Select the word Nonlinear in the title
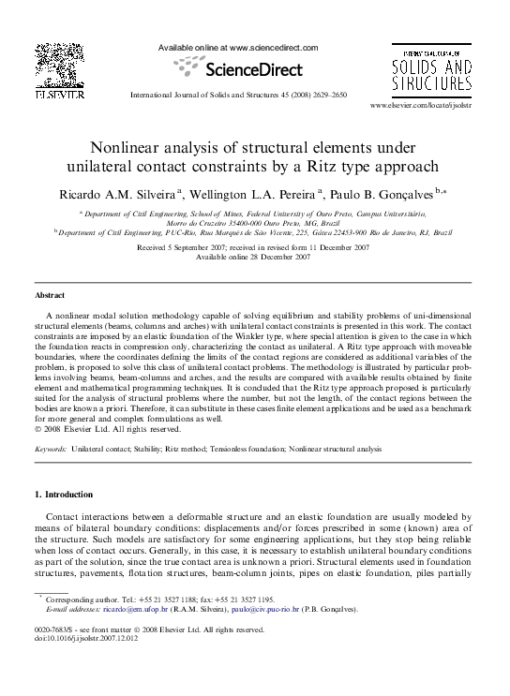pyautogui.click(x=130, y=147)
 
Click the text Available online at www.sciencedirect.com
pyautogui.click(x=238, y=47)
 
